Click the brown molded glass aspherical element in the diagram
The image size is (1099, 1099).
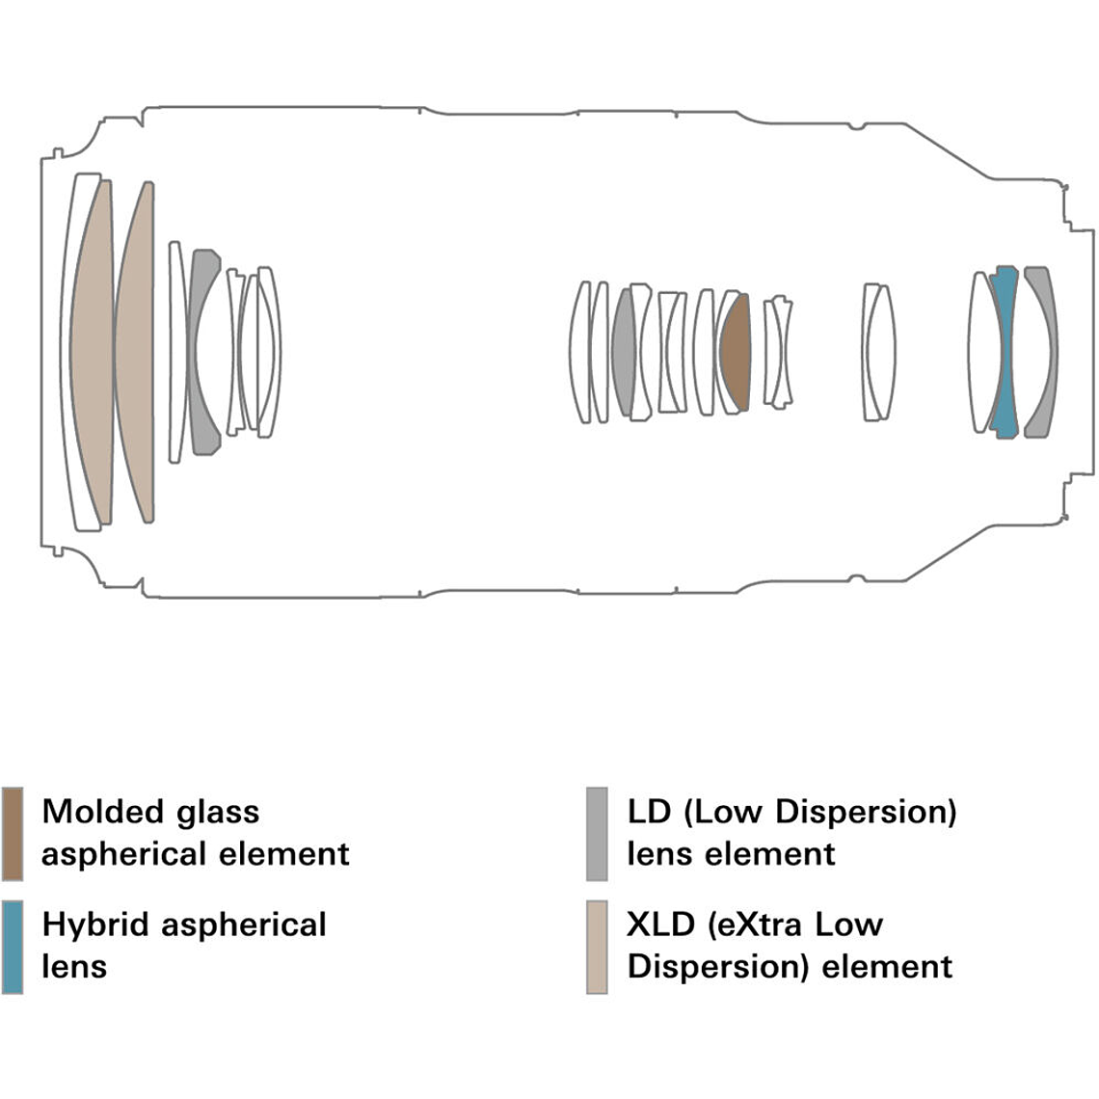coord(736,352)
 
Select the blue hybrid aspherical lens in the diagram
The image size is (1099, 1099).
coord(1004,352)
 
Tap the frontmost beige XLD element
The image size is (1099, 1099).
coord(93,352)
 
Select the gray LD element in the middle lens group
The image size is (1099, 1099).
coord(624,352)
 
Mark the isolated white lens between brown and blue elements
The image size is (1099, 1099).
coord(877,352)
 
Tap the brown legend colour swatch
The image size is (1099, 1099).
coord(13,833)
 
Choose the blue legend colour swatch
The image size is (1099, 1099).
coord(13,946)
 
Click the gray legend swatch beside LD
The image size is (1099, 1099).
coord(597,833)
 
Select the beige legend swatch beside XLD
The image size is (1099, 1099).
coord(597,946)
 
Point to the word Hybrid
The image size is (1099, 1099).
coord(97,925)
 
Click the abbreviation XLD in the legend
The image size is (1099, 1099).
coord(660,925)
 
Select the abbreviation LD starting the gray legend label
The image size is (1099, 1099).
coord(649,811)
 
